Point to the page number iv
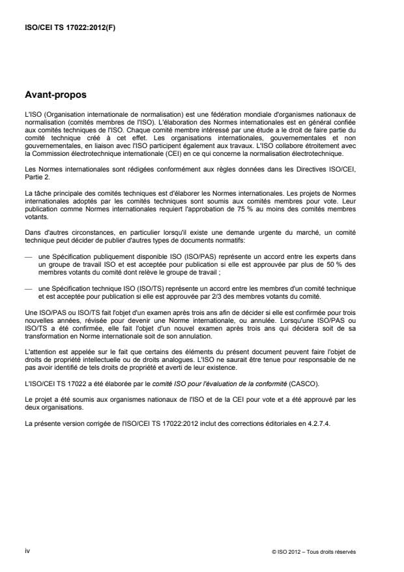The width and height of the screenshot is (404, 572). (27, 551)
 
